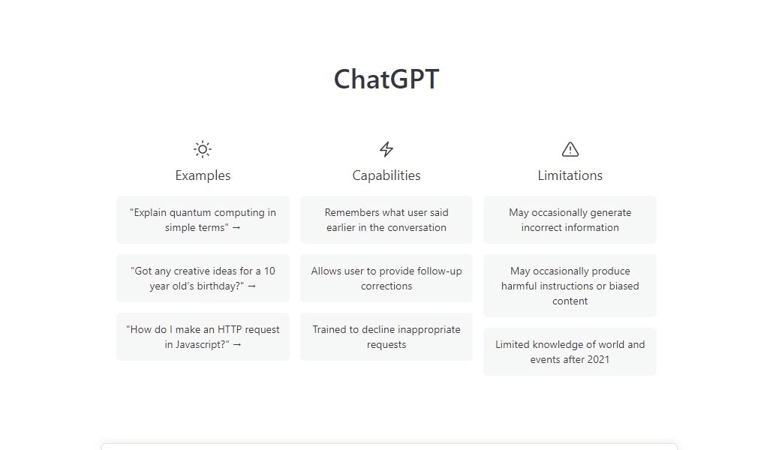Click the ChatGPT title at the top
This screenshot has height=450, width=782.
coord(386,79)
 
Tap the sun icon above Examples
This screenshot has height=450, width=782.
coord(203,149)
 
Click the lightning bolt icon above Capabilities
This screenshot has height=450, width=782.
coord(386,149)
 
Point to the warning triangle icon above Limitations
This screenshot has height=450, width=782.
coord(570,149)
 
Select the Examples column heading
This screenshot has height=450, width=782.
coord(203,175)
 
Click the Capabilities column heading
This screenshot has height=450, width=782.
coord(386,175)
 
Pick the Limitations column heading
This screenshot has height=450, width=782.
coord(570,175)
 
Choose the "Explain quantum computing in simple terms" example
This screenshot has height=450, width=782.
coord(203,220)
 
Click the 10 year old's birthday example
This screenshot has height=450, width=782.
coord(203,278)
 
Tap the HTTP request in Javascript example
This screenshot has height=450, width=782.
coord(203,337)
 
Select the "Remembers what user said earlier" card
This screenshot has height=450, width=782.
coord(386,220)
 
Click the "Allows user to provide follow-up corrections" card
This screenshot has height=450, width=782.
coord(386,278)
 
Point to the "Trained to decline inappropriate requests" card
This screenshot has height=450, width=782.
coord(386,337)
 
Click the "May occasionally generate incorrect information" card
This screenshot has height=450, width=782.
coord(570,220)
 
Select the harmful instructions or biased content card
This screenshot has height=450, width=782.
coord(570,286)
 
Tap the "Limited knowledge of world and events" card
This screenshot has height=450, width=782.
coord(570,352)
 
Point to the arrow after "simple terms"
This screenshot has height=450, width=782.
coord(236,228)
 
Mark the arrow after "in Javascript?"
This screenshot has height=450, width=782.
coord(237,345)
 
